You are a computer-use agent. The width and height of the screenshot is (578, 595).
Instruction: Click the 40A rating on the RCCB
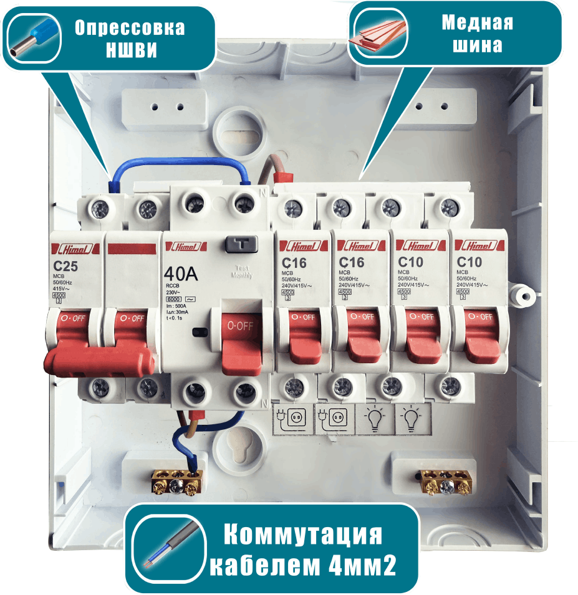point(181,274)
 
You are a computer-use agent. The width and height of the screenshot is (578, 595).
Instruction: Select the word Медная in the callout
point(477,22)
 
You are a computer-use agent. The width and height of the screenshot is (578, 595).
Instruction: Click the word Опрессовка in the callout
point(130,28)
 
